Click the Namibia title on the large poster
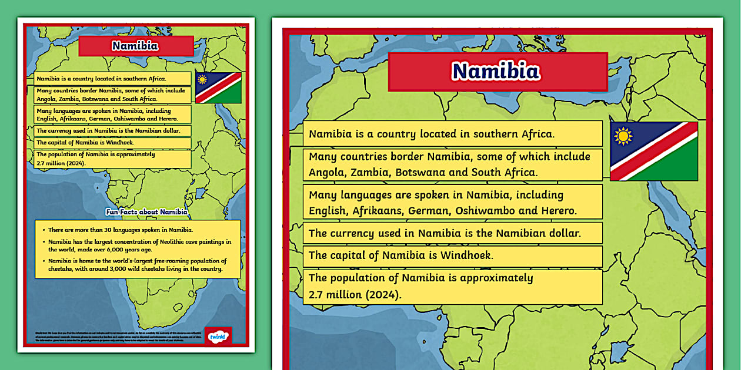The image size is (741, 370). [x=497, y=71]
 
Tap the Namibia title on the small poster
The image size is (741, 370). [x=135, y=46]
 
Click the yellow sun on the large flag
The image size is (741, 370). [x=623, y=136]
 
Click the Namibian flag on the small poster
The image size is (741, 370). [x=218, y=88]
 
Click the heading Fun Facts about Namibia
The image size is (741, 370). [x=146, y=212]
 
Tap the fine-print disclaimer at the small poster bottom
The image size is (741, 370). [x=112, y=337]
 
